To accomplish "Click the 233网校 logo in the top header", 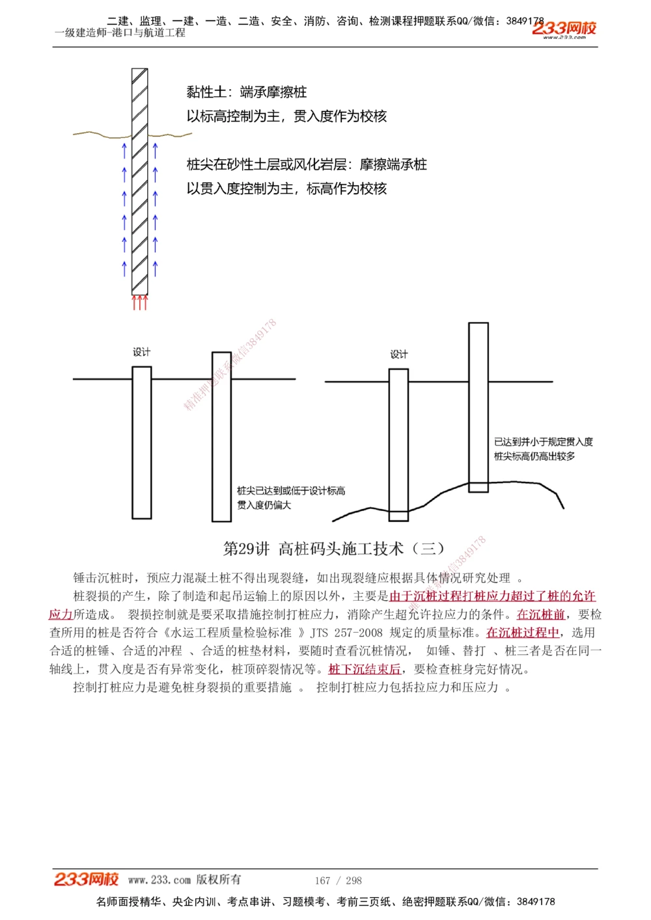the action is coord(564,29).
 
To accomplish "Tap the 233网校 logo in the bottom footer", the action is coord(86,879).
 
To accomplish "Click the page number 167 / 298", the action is coord(338,880).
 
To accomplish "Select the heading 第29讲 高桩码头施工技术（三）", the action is coord(334,549).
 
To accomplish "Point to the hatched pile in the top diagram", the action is coord(139,182).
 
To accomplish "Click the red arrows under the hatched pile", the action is coord(139,302).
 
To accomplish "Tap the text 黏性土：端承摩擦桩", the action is coord(246,92).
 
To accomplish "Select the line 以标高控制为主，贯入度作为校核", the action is coord(286,116).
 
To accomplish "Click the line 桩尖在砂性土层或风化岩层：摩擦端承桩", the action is coord(307,164).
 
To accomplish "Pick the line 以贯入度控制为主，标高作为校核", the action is coord(286,189).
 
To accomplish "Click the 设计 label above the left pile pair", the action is coord(141,352).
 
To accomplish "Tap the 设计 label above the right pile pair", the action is coord(399,354).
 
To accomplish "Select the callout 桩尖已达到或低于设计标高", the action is coord(291,491).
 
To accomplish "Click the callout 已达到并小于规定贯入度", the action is coord(543,442).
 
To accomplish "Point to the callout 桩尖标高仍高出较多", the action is coord(534,456).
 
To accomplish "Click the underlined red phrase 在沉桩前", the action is coord(540,614).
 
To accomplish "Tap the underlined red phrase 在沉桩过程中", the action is coord(523,633).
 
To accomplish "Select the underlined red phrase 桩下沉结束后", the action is coord(365,669).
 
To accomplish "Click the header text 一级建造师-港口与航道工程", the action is coord(120,33).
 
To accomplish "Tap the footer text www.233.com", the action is coord(159,880).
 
